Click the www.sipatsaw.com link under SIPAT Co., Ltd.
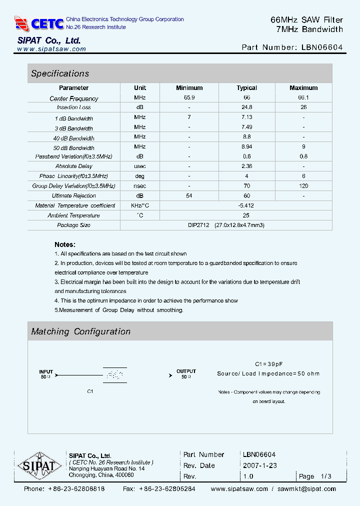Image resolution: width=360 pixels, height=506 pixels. pyautogui.click(x=51, y=49)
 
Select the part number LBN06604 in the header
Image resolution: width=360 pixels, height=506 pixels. pyautogui.click(x=322, y=47)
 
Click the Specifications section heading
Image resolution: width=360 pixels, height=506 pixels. pyautogui.click(x=60, y=73)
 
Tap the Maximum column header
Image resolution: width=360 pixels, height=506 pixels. pyautogui.click(x=303, y=88)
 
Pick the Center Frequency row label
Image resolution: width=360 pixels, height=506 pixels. pyautogui.click(x=74, y=98)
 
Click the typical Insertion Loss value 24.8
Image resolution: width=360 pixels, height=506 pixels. pyautogui.click(x=246, y=107)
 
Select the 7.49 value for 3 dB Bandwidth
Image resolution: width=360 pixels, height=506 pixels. pyautogui.click(x=246, y=127)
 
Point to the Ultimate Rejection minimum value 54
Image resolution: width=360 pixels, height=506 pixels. pyautogui.click(x=189, y=195)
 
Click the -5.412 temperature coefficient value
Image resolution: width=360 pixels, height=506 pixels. pyautogui.click(x=246, y=205)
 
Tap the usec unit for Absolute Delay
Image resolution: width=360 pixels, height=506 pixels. pyautogui.click(x=140, y=166)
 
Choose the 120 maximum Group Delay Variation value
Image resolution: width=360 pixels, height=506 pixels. pyautogui.click(x=303, y=186)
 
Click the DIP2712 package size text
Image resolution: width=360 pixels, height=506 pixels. pyautogui.click(x=198, y=225)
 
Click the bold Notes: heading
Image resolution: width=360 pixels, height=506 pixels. pyautogui.click(x=65, y=244)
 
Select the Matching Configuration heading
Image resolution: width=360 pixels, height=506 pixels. pyautogui.click(x=80, y=331)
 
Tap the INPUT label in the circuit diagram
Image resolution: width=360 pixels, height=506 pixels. pyautogui.click(x=46, y=371)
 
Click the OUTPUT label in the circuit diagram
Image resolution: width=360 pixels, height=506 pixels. pyautogui.click(x=186, y=371)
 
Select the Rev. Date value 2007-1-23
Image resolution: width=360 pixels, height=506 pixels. pyautogui.click(x=260, y=465)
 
